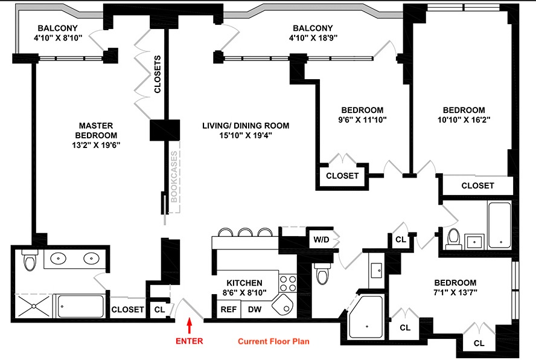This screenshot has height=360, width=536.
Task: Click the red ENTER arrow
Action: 190,326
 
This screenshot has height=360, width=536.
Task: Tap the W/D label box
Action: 320,239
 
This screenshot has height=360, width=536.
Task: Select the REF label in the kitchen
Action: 228,309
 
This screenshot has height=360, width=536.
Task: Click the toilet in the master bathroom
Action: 29,261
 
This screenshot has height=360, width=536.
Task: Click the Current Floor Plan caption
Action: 273,341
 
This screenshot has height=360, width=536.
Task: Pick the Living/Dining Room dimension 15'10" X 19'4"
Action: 245,135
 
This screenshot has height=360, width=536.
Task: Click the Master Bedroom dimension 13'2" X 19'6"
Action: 96,145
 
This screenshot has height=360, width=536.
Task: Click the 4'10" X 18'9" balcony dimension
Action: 312,37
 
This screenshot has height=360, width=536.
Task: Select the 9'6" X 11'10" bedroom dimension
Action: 362,120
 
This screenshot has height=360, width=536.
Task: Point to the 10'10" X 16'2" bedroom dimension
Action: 464,120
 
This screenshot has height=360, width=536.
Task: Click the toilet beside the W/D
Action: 322,273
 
